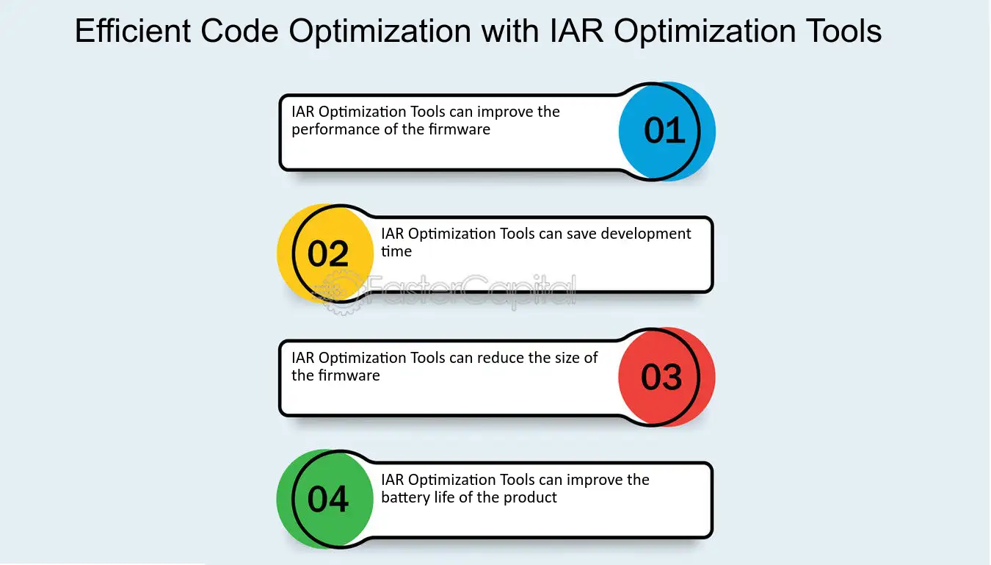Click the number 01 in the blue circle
(664, 131)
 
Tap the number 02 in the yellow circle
(328, 253)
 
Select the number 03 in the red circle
(661, 377)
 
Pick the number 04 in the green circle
(328, 499)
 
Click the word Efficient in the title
(133, 31)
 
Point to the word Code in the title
(239, 31)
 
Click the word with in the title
(510, 31)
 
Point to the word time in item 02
(396, 251)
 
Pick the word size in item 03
(564, 358)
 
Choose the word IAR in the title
(576, 31)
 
